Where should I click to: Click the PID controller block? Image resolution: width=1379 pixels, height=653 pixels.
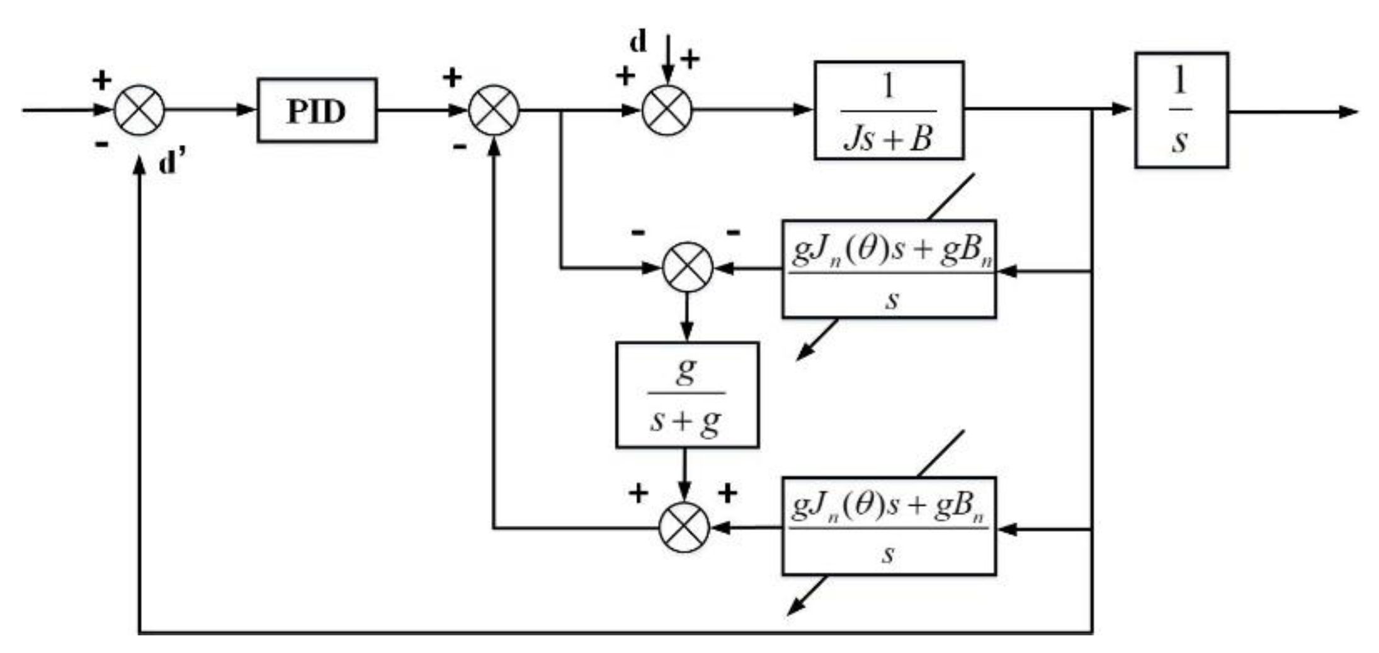(x=317, y=110)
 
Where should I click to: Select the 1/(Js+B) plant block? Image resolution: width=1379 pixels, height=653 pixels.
(x=888, y=110)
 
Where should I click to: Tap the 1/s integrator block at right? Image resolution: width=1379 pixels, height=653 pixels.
(x=1181, y=110)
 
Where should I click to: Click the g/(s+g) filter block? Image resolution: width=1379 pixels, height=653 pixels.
(x=686, y=395)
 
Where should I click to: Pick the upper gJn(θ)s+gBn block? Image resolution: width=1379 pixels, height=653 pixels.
(x=888, y=269)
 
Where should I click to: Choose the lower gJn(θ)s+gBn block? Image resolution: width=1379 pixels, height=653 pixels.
(x=888, y=526)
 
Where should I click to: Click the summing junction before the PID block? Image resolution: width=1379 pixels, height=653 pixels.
(x=139, y=110)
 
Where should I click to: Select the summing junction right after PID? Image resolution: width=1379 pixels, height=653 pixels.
(x=494, y=110)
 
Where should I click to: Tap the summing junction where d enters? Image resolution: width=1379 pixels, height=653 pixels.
(x=667, y=110)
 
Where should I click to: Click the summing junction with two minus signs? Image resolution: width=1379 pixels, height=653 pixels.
(x=687, y=267)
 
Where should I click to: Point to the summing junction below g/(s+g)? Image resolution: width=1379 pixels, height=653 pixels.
(x=684, y=527)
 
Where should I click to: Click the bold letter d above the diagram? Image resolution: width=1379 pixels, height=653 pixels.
(x=638, y=42)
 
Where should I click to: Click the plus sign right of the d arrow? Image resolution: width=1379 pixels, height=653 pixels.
(x=691, y=60)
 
